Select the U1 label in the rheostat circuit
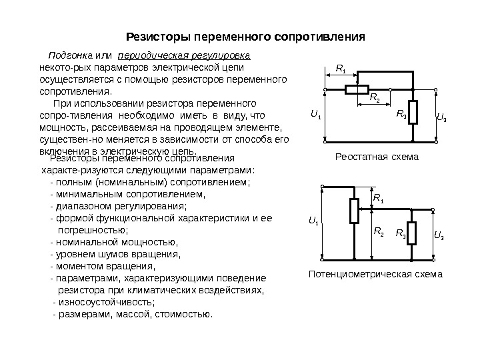pyautogui.click(x=315, y=115)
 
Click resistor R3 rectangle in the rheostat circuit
pyautogui.click(x=413, y=113)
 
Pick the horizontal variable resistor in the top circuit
pyautogui.click(x=358, y=89)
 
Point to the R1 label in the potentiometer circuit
pyautogui.click(x=378, y=198)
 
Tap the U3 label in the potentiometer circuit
pyautogui.click(x=439, y=235)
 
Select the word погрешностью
pyautogui.click(x=91, y=229)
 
